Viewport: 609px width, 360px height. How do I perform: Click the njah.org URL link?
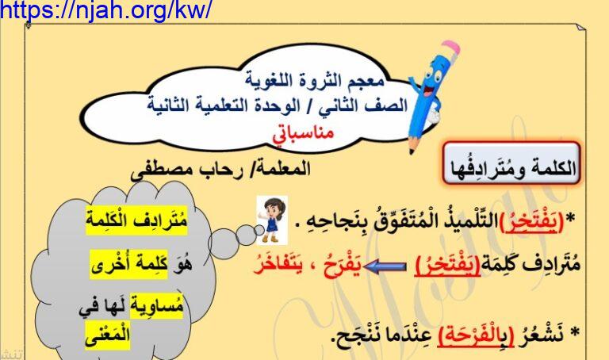105,10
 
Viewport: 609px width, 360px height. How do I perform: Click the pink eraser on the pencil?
451,48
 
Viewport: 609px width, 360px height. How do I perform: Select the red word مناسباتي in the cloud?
304,134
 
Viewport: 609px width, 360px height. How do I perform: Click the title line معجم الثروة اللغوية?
315,80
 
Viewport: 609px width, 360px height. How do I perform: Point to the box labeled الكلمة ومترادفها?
512,164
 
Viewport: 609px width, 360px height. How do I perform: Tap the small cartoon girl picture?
272,220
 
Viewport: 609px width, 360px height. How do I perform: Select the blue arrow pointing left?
385,266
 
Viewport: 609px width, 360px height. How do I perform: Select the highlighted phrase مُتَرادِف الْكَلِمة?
136,220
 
